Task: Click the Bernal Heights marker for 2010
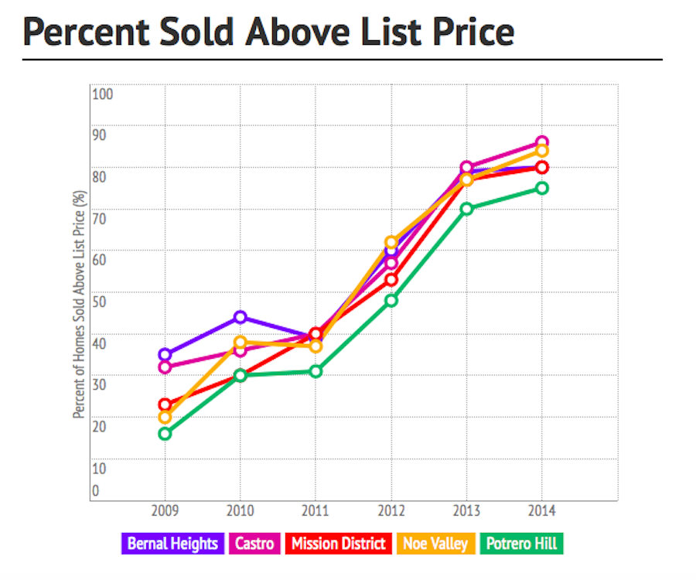coord(240,317)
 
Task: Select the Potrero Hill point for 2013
coord(466,209)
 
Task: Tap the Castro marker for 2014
coord(542,142)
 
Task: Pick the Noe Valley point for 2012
coord(391,243)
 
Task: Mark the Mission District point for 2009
coord(165,404)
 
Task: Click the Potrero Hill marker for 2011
coord(316,371)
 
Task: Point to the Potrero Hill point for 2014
coord(542,188)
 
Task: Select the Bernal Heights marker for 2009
coord(165,355)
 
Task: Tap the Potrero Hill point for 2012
coord(391,300)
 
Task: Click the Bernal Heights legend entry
coord(172,544)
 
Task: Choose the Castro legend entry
coord(254,544)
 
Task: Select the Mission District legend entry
coord(337,544)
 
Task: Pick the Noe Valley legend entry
coord(435,544)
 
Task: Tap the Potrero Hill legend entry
coord(520,544)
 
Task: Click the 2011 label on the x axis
coord(316,512)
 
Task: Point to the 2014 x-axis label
coord(542,512)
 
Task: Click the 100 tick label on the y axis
coord(103,94)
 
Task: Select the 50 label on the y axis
coord(101,300)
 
